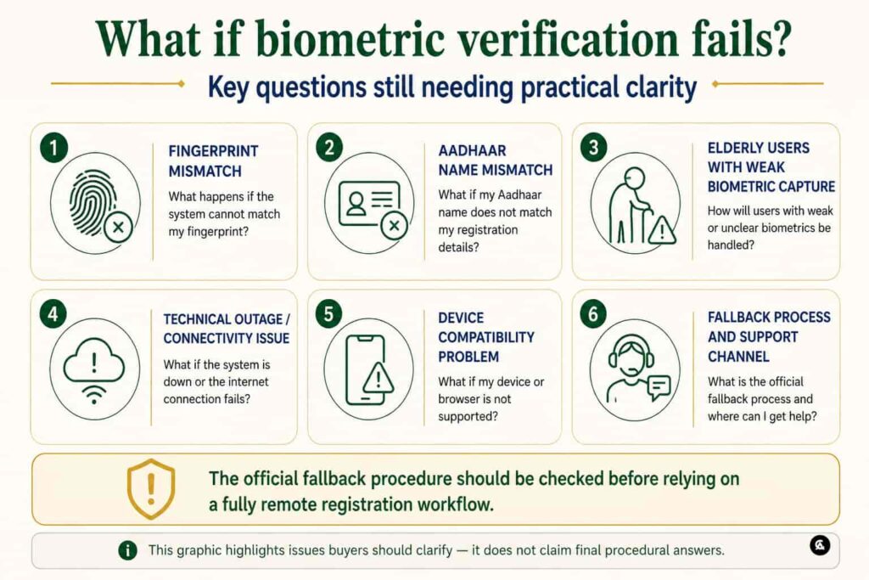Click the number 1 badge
coord(53,148)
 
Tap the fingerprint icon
coord(94,202)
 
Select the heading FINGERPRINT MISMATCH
coord(213,160)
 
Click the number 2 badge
coord(329,148)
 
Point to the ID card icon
coord(370,204)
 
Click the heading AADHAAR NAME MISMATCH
coord(496,160)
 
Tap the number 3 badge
coord(594,148)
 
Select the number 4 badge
coord(53,314)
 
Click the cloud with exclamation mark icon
coord(94,369)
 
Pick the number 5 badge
coord(328,314)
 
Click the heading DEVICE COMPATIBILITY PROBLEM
coord(486,337)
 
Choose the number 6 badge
coord(593,314)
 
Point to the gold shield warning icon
coord(151,488)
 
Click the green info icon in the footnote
coord(127,550)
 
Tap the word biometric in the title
coord(350,38)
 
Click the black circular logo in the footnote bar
coord(820,546)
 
